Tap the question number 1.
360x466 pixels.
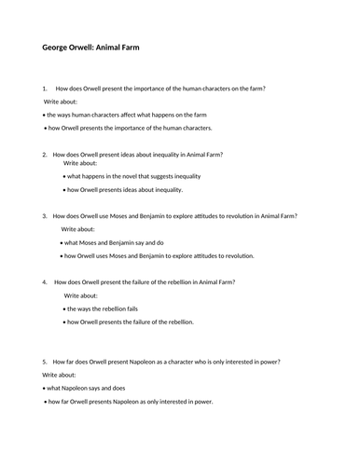tap(45, 89)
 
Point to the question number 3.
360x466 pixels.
tap(45, 215)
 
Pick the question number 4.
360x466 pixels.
tap(45, 281)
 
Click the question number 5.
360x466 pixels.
tap(45, 362)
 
